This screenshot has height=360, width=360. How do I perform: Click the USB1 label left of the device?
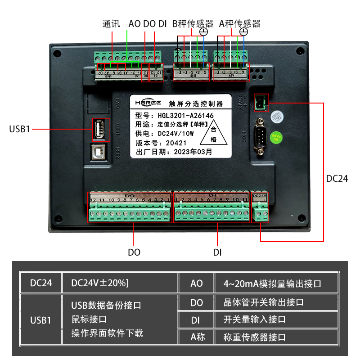click(19, 129)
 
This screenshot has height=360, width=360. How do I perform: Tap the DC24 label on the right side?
click(337, 179)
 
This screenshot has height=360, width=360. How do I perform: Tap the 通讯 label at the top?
click(111, 23)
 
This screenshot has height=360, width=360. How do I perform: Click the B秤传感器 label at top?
click(193, 23)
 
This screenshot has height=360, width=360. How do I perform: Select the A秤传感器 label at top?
click(240, 23)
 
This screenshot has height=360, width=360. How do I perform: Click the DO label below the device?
click(134, 252)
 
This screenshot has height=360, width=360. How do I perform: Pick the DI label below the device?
click(217, 252)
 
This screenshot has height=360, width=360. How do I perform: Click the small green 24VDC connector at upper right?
click(261, 102)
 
